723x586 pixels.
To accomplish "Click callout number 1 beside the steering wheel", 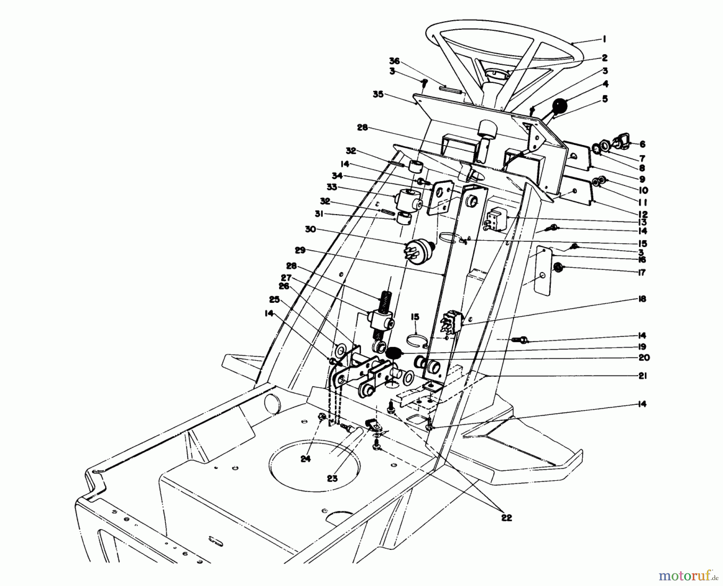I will [604, 40].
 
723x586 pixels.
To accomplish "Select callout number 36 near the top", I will [394, 61].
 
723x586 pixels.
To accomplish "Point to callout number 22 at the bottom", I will [507, 518].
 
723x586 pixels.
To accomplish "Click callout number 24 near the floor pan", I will [306, 459].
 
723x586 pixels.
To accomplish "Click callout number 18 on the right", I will [642, 299].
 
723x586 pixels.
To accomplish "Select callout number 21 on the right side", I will [642, 376].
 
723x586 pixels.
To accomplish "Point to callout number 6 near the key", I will [642, 144].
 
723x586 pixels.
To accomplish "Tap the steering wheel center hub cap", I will [496, 74].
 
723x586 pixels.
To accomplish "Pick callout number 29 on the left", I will [300, 251].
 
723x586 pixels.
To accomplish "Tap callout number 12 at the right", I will [642, 214].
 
